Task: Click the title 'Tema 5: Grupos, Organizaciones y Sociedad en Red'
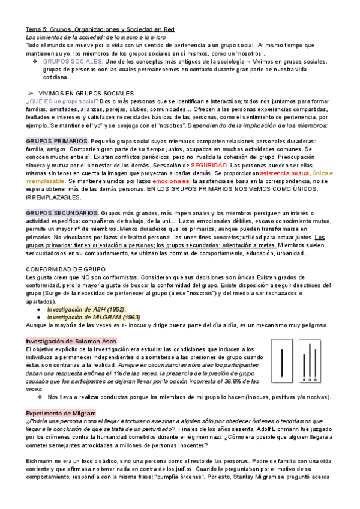pos(104,28)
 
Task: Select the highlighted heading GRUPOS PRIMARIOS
pos(57,140)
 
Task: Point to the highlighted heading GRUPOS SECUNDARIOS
pos(62,213)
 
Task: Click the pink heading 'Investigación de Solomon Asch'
pos(71,341)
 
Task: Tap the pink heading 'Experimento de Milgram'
pos(61,414)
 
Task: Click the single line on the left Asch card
pos(282,363)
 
